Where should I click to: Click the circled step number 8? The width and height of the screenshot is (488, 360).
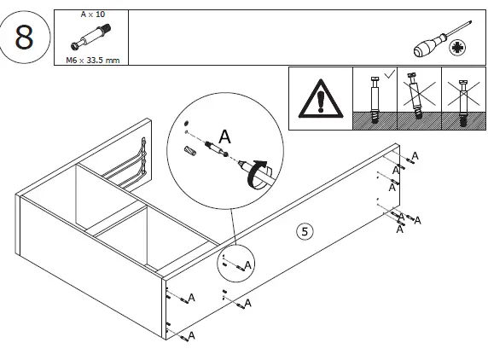pyautogui.click(x=25, y=39)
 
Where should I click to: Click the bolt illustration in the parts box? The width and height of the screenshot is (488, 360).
pyautogui.click(x=90, y=38)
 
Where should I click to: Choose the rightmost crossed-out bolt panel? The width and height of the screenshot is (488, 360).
pyautogui.click(x=461, y=100)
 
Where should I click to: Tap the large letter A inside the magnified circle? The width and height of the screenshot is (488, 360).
pyautogui.click(x=225, y=136)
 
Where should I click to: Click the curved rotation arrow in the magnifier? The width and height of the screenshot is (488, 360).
pyautogui.click(x=258, y=171)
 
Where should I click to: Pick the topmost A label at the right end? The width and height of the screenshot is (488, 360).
pyautogui.click(x=415, y=156)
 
